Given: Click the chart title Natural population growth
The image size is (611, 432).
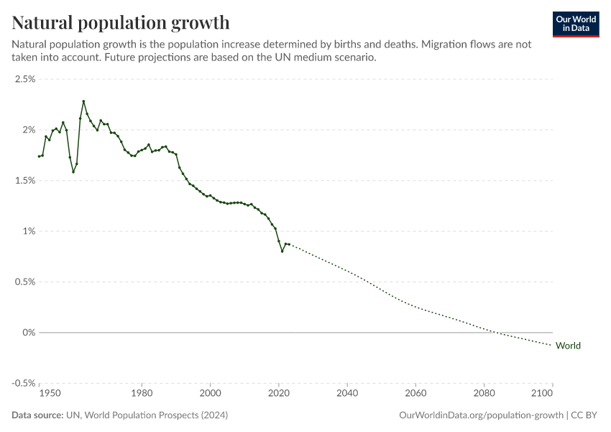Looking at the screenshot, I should coord(121,22).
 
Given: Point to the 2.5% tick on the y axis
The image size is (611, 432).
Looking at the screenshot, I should coord(25,79).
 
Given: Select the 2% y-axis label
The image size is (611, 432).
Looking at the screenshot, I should coord(28,130).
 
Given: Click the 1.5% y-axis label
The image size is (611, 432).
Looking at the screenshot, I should coord(25,181).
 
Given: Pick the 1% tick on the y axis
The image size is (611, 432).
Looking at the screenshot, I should coord(28,231).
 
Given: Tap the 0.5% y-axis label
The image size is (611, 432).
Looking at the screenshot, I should coord(25,282).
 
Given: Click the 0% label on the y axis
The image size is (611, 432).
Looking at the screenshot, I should coord(28,333).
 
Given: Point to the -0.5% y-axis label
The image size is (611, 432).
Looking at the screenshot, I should coord(24,383).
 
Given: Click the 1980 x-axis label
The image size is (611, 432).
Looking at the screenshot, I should coord(142,395).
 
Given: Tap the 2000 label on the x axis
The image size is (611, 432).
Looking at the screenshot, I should coord(210,395).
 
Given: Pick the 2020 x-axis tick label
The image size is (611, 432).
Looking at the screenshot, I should coord(279,395).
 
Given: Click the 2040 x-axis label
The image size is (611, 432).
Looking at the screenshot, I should coord(347,395).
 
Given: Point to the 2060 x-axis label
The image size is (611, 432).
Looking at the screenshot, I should coord(415,395).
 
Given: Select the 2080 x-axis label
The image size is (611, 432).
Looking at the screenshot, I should coord(484,395).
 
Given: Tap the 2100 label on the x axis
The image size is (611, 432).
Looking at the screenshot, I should coord(552,395).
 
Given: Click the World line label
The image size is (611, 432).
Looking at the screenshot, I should coord(568,346).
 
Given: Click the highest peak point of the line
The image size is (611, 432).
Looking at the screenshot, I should coord(83,101).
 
